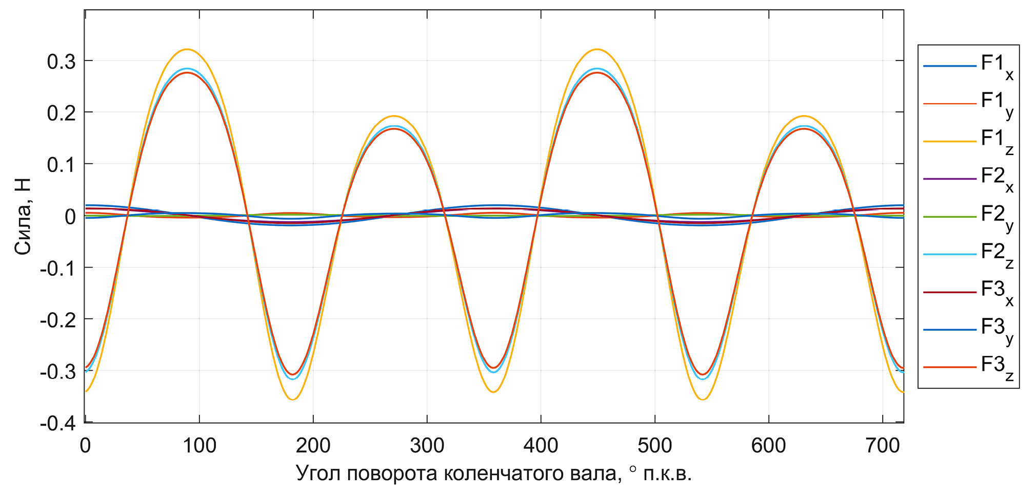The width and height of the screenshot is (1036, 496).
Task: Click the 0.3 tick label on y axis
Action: pos(61,62)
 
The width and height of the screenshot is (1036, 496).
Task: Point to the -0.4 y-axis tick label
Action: pos(57,424)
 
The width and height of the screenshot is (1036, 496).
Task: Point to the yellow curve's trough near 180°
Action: pos(292,399)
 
